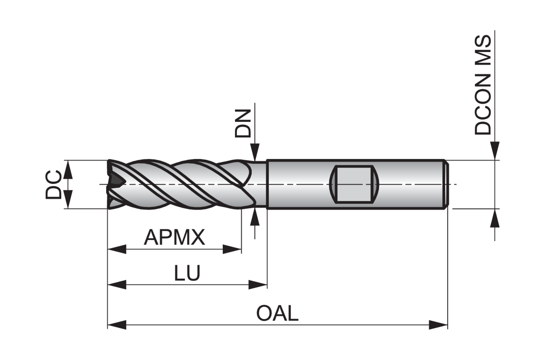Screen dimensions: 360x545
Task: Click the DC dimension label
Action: coord(53,184)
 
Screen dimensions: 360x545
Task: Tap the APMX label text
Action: coord(174,237)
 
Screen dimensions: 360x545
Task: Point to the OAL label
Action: coord(277,313)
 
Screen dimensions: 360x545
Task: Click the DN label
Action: coord(243,123)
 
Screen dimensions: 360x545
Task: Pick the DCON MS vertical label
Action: coord(483,85)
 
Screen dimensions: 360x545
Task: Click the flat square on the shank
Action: coord(354,184)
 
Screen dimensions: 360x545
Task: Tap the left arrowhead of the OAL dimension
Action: coord(117,324)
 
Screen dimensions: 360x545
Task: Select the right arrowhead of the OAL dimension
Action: coord(438,324)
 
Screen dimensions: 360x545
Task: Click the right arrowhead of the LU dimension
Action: coord(258,284)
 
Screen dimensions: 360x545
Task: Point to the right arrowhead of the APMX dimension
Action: coord(232,249)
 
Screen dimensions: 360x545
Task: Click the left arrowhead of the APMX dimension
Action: coord(117,249)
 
